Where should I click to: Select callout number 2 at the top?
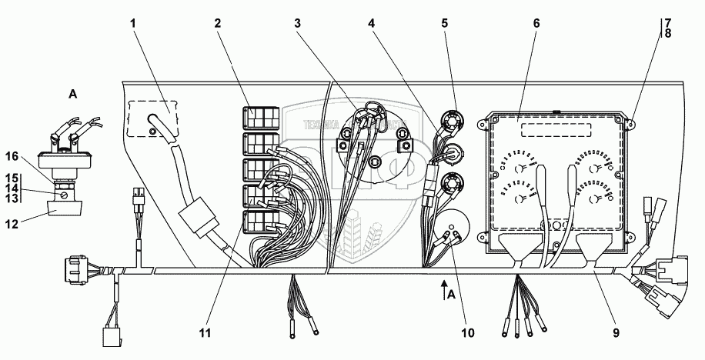pyautogui.click(x=219, y=24)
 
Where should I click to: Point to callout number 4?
pyautogui.click(x=372, y=24)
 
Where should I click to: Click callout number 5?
pyautogui.click(x=444, y=24)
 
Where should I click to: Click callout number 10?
pyautogui.click(x=467, y=333)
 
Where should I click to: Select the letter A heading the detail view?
pyautogui.click(x=74, y=94)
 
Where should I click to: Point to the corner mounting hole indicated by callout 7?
pyautogui.click(x=631, y=122)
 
